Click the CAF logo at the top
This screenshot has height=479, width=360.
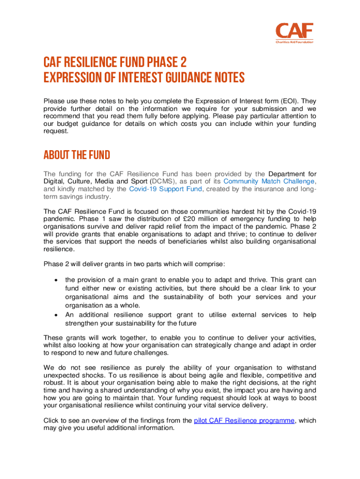tap(294, 32)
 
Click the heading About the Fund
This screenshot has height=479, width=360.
tap(77, 155)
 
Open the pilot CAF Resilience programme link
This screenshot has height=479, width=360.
tap(244, 421)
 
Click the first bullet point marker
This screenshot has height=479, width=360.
tap(56, 280)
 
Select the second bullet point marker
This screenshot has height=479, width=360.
tap(56, 315)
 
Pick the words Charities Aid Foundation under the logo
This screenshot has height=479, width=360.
tap(294, 42)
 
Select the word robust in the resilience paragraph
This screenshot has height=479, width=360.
tap(54, 383)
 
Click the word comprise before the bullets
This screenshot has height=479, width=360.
tap(211, 264)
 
